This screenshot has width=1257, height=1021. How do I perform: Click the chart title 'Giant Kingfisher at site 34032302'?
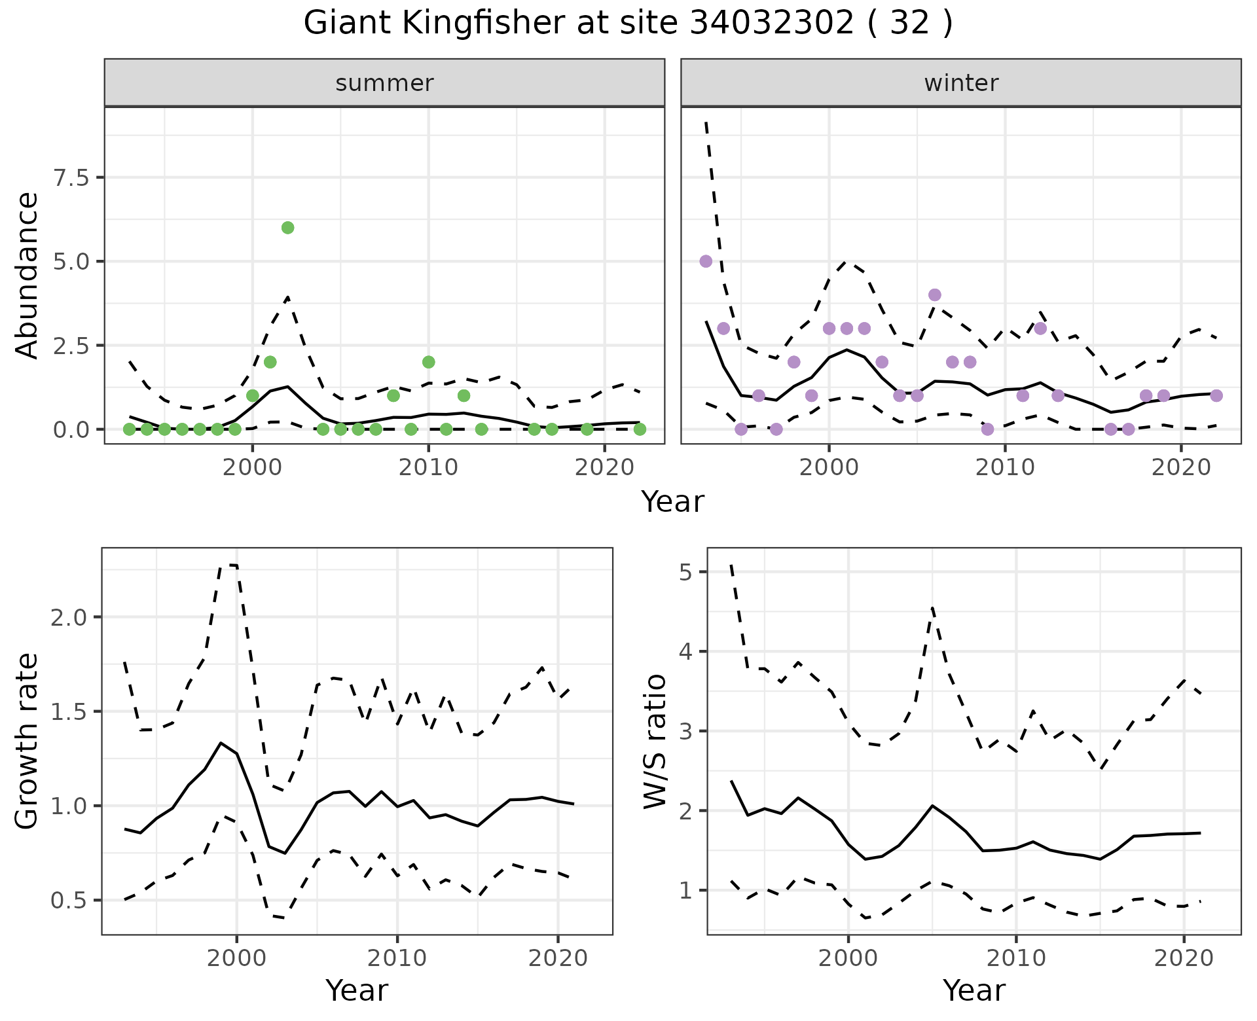[x=627, y=24]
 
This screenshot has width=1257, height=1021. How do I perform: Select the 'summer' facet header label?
[x=384, y=83]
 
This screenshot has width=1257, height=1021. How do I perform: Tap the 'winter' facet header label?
[x=961, y=83]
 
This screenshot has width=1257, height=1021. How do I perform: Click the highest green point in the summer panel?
[x=287, y=228]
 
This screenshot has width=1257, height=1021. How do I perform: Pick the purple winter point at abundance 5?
[x=706, y=261]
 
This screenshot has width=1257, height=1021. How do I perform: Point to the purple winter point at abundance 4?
[x=935, y=295]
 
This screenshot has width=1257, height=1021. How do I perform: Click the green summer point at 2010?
[x=429, y=362]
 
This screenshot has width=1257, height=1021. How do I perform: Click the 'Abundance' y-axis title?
[x=27, y=275]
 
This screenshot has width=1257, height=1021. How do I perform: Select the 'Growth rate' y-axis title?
[x=27, y=741]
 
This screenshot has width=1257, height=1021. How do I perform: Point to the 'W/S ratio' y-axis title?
[x=655, y=741]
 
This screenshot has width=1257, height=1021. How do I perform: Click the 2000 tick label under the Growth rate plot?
[x=236, y=959]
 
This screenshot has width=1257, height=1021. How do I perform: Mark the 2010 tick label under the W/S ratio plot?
[x=1015, y=959]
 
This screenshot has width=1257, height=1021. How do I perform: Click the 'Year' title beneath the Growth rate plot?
[x=357, y=990]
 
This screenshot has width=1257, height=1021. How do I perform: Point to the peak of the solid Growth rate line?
[x=221, y=743]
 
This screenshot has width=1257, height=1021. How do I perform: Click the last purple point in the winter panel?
[x=1216, y=395]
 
